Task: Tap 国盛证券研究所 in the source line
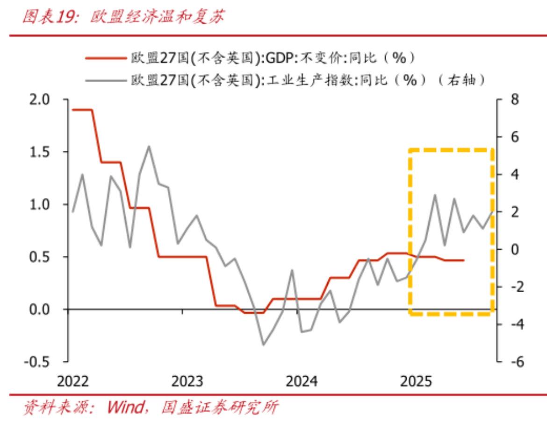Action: pyautogui.click(x=219, y=407)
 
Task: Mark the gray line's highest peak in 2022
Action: pyautogui.click(x=149, y=146)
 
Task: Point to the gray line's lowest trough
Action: pyautogui.click(x=263, y=345)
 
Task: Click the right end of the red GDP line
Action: pyautogui.click(x=464, y=260)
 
